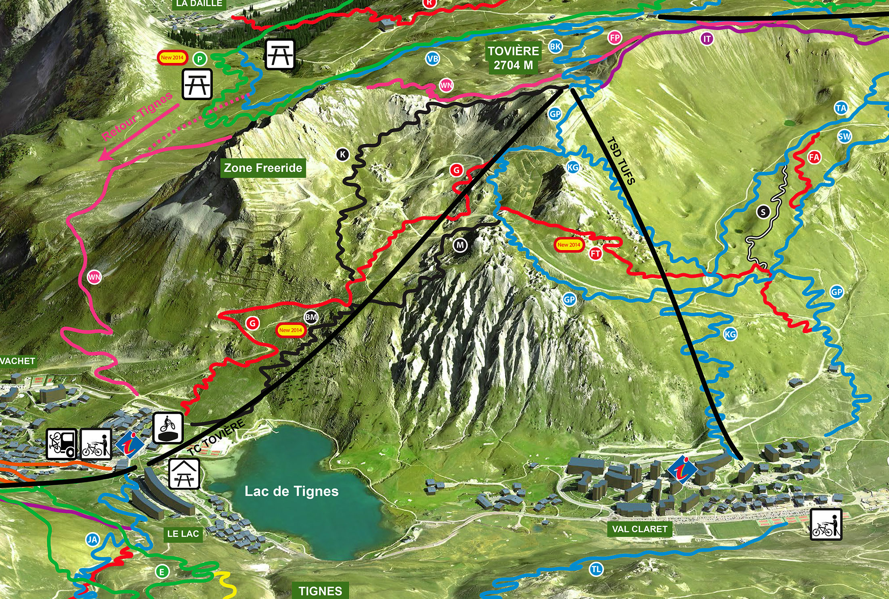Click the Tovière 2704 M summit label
[513, 58]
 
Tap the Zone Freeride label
[263, 168]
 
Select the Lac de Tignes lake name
[291, 491]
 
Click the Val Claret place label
[639, 529]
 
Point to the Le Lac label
[183, 534]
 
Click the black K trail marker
[343, 154]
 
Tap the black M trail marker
[460, 245]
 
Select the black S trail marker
[763, 212]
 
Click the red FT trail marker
[595, 254]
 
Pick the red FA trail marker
[814, 157]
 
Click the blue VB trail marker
[432, 59]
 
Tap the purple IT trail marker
[707, 39]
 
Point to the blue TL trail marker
[596, 570]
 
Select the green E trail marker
[162, 572]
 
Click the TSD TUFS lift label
[621, 161]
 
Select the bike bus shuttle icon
[61, 444]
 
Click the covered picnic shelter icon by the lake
[184, 474]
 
